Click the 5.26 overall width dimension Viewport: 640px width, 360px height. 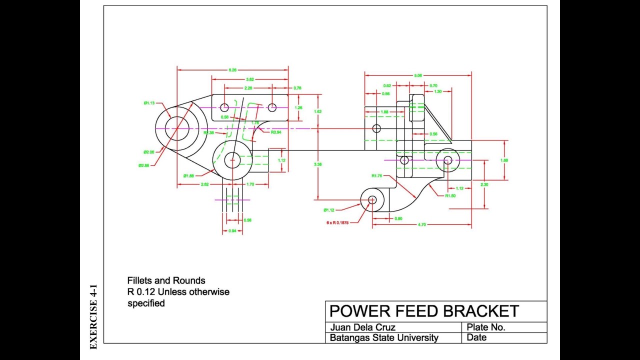(232, 70)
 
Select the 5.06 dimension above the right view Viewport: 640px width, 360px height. (418, 75)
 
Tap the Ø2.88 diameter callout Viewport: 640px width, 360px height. (143, 165)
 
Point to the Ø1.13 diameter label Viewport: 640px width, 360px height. (149, 103)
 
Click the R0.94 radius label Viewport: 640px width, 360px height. (276, 132)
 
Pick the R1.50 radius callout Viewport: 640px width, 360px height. (450, 196)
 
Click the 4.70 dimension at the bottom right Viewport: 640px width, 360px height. (421, 225)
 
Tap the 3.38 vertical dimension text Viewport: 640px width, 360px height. (317, 164)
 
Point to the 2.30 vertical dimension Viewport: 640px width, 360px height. (484, 184)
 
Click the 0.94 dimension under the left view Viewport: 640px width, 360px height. (232, 231)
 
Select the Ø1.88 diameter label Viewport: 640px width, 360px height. (188, 175)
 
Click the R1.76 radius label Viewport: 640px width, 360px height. (376, 175)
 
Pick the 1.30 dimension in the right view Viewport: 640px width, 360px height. (437, 91)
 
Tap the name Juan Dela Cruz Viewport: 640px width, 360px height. (362, 327)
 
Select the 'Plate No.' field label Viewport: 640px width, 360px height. (485, 327)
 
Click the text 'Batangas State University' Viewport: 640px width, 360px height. (384, 338)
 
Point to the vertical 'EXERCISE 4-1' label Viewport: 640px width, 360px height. (93, 317)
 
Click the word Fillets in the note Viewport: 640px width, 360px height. (140, 280)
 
